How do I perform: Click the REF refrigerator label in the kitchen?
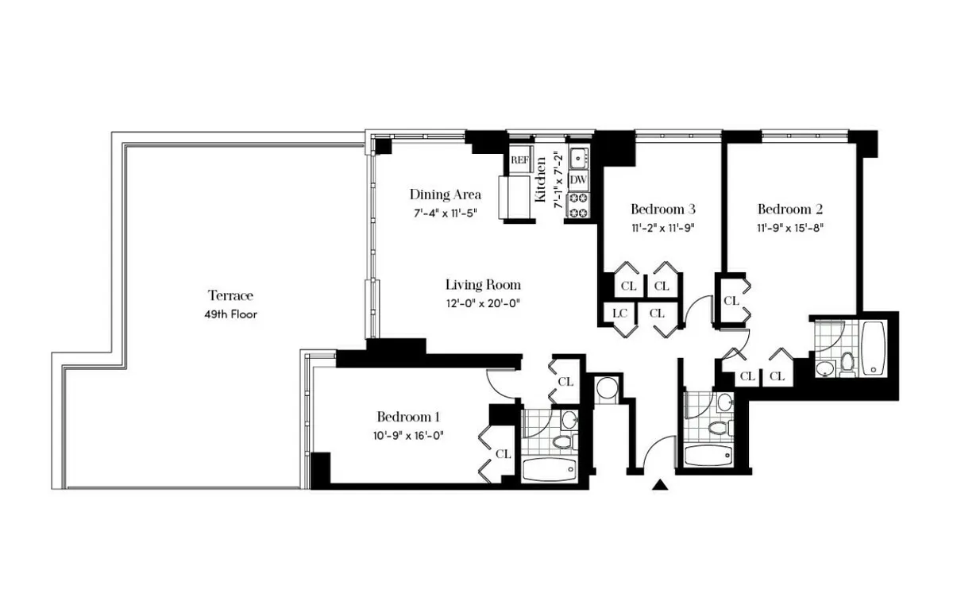coord(519,160)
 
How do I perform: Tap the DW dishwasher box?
coord(577,179)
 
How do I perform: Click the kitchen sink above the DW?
coord(578,157)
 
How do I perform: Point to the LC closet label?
coord(619,314)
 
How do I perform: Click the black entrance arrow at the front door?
coord(658,485)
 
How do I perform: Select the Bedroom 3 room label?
coord(663,210)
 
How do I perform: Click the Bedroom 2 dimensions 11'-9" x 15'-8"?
coord(789,227)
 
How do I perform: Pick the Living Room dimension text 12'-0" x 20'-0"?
coord(483,302)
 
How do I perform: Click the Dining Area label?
coord(445,194)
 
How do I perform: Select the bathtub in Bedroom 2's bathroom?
coord(874,348)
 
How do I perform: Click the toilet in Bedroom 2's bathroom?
coord(847,363)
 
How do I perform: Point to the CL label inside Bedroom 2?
coord(731,301)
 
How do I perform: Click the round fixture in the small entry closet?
coord(608,388)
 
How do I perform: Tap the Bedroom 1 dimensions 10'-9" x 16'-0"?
coord(408,434)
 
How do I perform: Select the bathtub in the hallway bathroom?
coord(711,456)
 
